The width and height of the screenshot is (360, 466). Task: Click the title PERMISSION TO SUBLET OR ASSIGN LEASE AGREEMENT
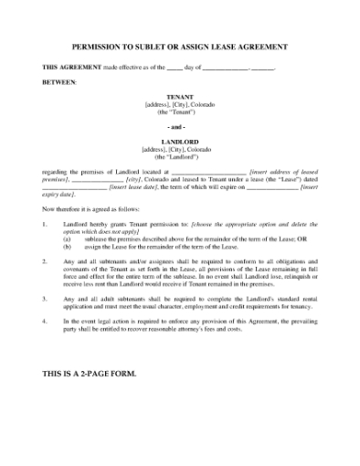coord(180,46)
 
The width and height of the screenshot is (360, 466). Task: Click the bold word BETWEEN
coord(60,82)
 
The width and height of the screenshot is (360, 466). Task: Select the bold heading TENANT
coord(180,96)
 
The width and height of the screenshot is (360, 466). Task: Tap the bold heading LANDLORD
coord(180,142)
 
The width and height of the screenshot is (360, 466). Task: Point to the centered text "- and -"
coord(180,126)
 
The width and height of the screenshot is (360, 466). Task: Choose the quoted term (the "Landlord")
coord(180,156)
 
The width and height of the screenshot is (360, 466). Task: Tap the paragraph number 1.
coord(46,222)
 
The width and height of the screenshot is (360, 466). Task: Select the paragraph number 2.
coord(46,259)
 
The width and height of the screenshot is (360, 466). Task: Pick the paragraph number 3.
coord(46,298)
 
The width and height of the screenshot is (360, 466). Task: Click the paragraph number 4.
coord(46,322)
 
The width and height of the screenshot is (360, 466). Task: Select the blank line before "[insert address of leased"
coord(209,171)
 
